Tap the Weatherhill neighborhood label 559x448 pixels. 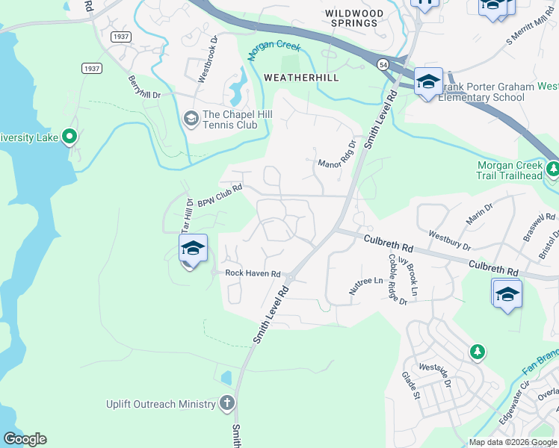tap(301, 78)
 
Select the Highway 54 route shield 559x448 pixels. tap(382, 66)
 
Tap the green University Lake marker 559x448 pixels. tap(70, 137)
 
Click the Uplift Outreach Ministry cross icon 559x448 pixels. tap(227, 404)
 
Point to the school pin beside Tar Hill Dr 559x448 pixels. tap(192, 249)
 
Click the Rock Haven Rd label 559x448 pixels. tap(253, 274)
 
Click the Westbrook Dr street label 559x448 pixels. tap(207, 57)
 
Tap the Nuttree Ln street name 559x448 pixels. tap(365, 285)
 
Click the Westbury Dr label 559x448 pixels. tap(449, 240)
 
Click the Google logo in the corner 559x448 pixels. tap(25, 439)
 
